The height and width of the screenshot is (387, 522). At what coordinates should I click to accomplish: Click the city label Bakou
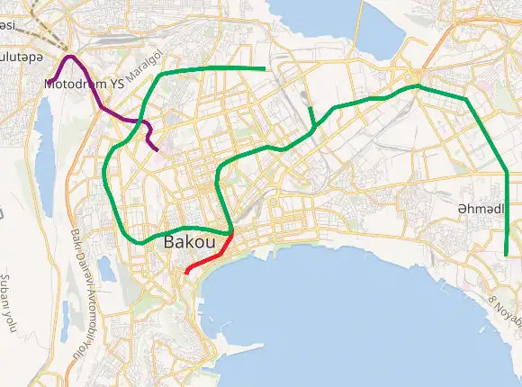[x=190, y=243]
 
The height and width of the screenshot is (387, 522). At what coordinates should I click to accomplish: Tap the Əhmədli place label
[x=481, y=208]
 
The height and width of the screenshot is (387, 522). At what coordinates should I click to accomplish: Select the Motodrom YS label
[x=84, y=84]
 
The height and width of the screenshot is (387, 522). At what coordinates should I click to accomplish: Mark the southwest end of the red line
[x=186, y=272]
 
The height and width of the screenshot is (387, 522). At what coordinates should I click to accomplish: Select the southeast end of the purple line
[x=157, y=148]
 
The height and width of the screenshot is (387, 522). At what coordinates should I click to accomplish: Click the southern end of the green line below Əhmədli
[x=507, y=255]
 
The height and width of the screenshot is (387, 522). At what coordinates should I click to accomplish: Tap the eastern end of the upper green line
[x=265, y=68]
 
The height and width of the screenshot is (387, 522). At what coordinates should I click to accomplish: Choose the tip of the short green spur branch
[x=310, y=108]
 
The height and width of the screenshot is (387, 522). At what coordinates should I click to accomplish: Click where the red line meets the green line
[x=233, y=233]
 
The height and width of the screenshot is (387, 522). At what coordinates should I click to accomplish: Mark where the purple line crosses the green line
[x=140, y=120]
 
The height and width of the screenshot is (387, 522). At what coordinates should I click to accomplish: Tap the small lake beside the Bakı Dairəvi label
[x=105, y=267]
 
